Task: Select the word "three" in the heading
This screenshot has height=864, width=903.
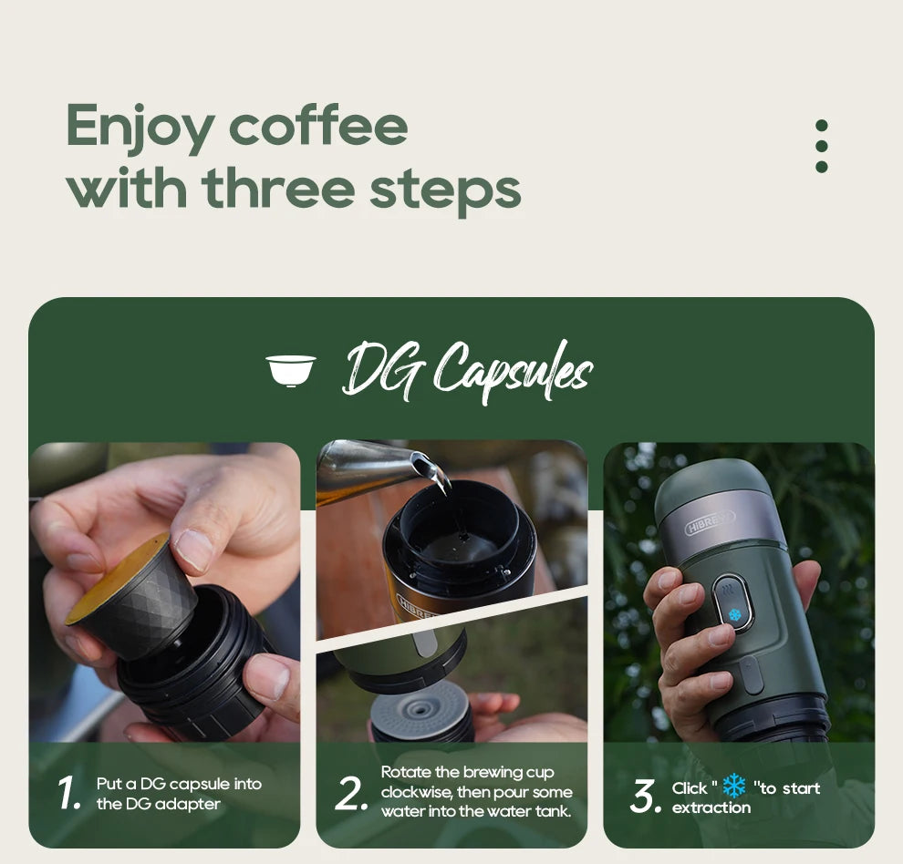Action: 279,188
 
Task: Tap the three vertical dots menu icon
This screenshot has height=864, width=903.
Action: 821,146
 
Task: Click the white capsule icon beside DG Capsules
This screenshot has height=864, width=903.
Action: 291,370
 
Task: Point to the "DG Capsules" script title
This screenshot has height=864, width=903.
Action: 467,370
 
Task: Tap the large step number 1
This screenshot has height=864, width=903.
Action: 70,794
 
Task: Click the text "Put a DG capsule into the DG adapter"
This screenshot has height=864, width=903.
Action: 179,794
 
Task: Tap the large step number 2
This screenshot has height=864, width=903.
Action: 352,794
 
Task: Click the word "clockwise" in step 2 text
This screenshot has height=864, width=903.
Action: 415,792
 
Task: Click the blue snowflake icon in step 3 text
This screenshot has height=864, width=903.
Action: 733,787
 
